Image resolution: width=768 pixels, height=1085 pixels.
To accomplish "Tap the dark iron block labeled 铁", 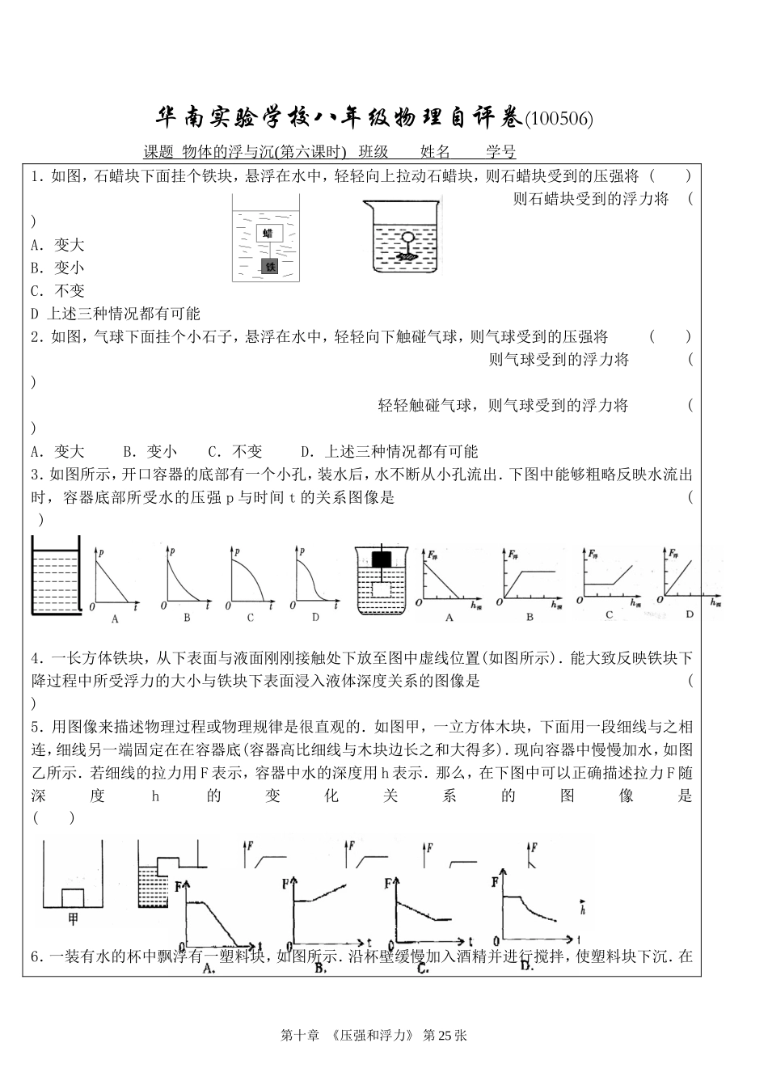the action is coord(269,266).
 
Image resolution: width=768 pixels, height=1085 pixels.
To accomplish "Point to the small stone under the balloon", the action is coord(408,255).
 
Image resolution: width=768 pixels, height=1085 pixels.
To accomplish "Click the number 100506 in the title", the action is coord(559,120).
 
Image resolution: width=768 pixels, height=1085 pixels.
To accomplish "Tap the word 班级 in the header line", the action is coord(373,152).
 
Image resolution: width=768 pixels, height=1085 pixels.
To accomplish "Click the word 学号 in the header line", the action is coord(500,152).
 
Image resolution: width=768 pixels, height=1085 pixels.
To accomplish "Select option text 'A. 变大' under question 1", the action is coord(57,245).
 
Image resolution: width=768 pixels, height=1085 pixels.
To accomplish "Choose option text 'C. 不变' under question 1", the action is coord(57,291).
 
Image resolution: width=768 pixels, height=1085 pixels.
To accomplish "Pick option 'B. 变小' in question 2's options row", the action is coord(150,451).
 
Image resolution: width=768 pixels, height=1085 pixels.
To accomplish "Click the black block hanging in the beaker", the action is coord(382,559).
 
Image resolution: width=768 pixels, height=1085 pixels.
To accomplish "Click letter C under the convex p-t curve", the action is coord(251,618).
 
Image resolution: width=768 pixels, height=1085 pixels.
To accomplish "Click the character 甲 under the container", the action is coord(73,918).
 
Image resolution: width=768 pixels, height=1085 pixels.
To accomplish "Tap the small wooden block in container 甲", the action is coord(74,897).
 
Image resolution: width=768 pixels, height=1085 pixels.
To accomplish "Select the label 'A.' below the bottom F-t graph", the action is coord(209,967).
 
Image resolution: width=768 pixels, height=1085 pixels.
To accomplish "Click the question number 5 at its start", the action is coord(36,727).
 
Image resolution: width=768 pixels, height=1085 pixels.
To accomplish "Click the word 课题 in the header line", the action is coord(158,152).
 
